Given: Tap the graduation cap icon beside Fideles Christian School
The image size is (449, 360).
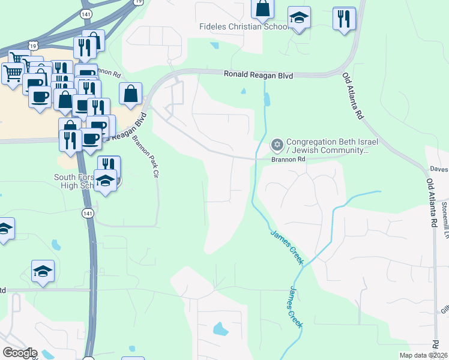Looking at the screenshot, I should coord(298,19).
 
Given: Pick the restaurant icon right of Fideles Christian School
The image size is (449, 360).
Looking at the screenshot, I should coord(344,19).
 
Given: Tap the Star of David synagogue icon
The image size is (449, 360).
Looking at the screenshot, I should coord(277,144).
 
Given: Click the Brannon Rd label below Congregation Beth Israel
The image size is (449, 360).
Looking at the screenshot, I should coord(289,160).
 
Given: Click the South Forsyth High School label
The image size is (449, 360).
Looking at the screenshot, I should coord(75,181).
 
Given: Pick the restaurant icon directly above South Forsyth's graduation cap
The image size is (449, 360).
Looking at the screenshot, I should coord(109,166).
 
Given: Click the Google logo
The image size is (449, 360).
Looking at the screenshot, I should coord(20,353).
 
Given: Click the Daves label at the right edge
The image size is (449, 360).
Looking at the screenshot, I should coord(439,170).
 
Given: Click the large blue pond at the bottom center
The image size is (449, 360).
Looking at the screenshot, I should coord(220,329).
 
